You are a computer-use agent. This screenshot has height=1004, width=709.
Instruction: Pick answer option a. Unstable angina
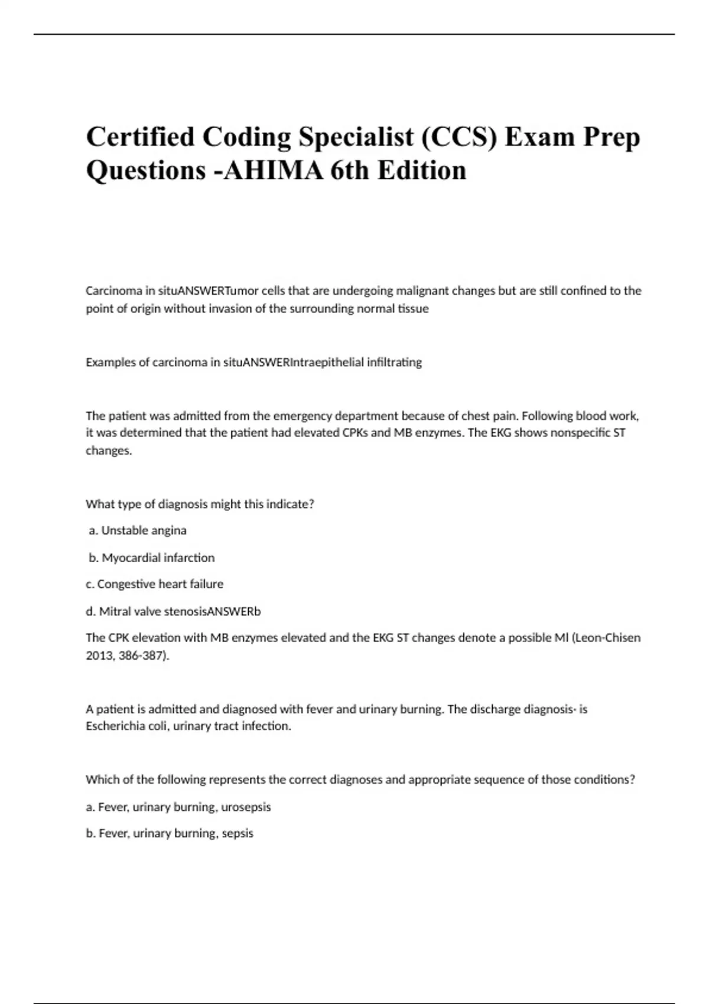[x=138, y=530]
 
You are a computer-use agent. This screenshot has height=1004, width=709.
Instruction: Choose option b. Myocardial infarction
[x=152, y=558]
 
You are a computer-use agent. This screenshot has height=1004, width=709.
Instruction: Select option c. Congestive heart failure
[x=155, y=584]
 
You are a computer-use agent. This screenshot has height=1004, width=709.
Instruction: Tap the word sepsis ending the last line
[x=238, y=833]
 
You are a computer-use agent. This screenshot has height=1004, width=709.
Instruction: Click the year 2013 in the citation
[x=99, y=655]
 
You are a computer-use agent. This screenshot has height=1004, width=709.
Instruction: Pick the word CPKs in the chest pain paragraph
[x=356, y=432]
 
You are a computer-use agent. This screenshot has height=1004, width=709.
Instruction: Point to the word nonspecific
[x=580, y=432]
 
